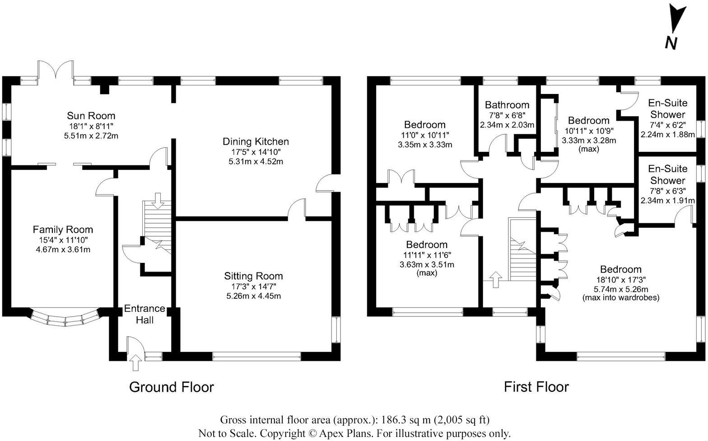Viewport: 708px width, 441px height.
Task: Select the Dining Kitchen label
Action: pos(256,141)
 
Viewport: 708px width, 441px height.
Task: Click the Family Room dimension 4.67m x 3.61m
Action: pos(63,249)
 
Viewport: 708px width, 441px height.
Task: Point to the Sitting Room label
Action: pos(253,276)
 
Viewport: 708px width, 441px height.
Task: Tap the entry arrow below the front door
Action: pos(135,363)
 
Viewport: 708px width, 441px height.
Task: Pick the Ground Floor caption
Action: pos(171,387)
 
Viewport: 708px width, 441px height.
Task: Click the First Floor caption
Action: pos(536,387)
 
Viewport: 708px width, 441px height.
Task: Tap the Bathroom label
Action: pos(507,105)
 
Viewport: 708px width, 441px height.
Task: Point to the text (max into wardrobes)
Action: pos(620,298)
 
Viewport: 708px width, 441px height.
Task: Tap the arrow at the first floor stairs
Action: pos(496,279)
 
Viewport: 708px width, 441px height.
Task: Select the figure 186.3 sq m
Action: pos(405,420)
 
